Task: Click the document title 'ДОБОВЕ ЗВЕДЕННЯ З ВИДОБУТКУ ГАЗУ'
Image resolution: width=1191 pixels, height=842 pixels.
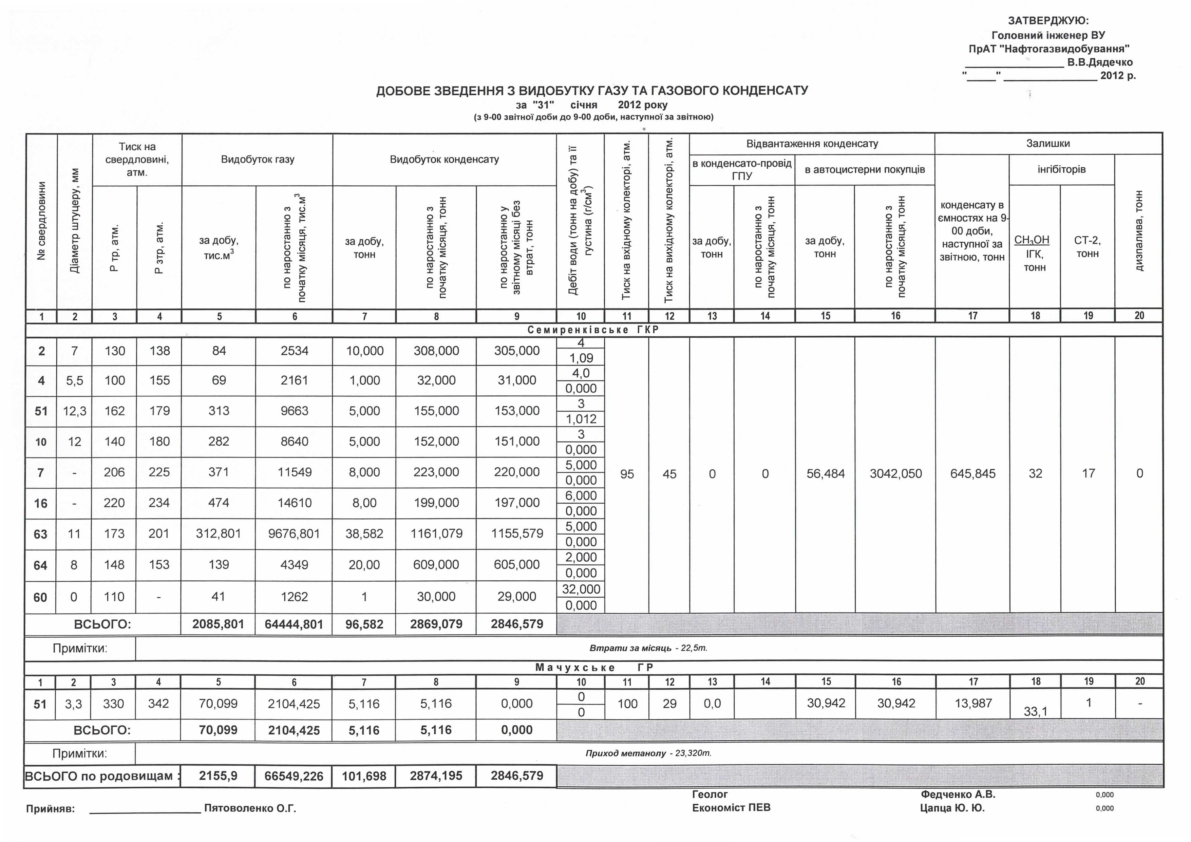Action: point(592,91)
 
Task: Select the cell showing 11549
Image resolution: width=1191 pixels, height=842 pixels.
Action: point(294,472)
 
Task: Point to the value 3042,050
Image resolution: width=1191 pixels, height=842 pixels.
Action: point(896,474)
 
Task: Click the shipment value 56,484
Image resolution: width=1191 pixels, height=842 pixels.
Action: point(825,474)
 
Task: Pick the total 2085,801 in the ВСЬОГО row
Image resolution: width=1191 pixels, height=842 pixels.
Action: point(218,624)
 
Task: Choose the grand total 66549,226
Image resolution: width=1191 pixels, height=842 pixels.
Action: point(294,776)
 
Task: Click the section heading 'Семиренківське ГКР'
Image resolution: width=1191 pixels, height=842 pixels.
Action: point(593,330)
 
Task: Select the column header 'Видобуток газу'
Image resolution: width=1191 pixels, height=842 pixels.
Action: point(257,159)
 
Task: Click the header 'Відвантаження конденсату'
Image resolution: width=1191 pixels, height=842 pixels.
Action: point(812,144)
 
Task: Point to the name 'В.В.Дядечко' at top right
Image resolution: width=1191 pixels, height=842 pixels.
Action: point(1100,62)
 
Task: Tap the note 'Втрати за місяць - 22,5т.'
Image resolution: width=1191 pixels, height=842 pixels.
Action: point(648,648)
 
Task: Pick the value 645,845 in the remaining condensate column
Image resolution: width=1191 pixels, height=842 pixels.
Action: point(972,474)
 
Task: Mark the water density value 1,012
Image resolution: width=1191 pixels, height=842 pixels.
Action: point(581,419)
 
